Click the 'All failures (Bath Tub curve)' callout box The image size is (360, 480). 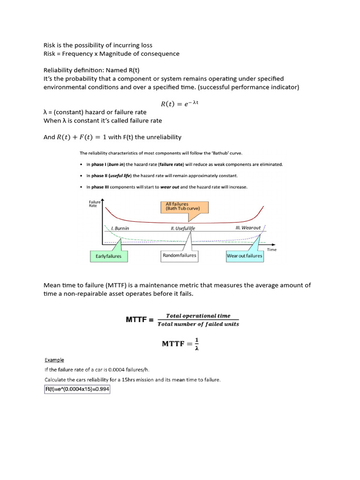click(x=186, y=207)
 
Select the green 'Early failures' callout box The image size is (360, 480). click(x=108, y=256)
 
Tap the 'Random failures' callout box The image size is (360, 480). click(x=179, y=256)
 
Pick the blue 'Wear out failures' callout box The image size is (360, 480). click(x=244, y=256)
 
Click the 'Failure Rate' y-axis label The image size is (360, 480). click(x=93, y=203)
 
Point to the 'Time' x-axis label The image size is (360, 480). click(x=272, y=249)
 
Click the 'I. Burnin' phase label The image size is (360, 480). click(x=120, y=228)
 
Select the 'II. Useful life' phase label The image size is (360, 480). click(x=183, y=228)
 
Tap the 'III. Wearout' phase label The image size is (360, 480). click(x=248, y=228)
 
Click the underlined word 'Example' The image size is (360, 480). click(x=54, y=360)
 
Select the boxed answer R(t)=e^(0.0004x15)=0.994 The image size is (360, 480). click(x=77, y=390)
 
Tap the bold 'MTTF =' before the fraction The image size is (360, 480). click(x=139, y=320)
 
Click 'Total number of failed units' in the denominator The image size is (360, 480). click(x=198, y=324)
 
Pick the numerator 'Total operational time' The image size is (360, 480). click(x=198, y=315)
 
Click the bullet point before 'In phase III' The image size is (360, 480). click(x=81, y=187)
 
